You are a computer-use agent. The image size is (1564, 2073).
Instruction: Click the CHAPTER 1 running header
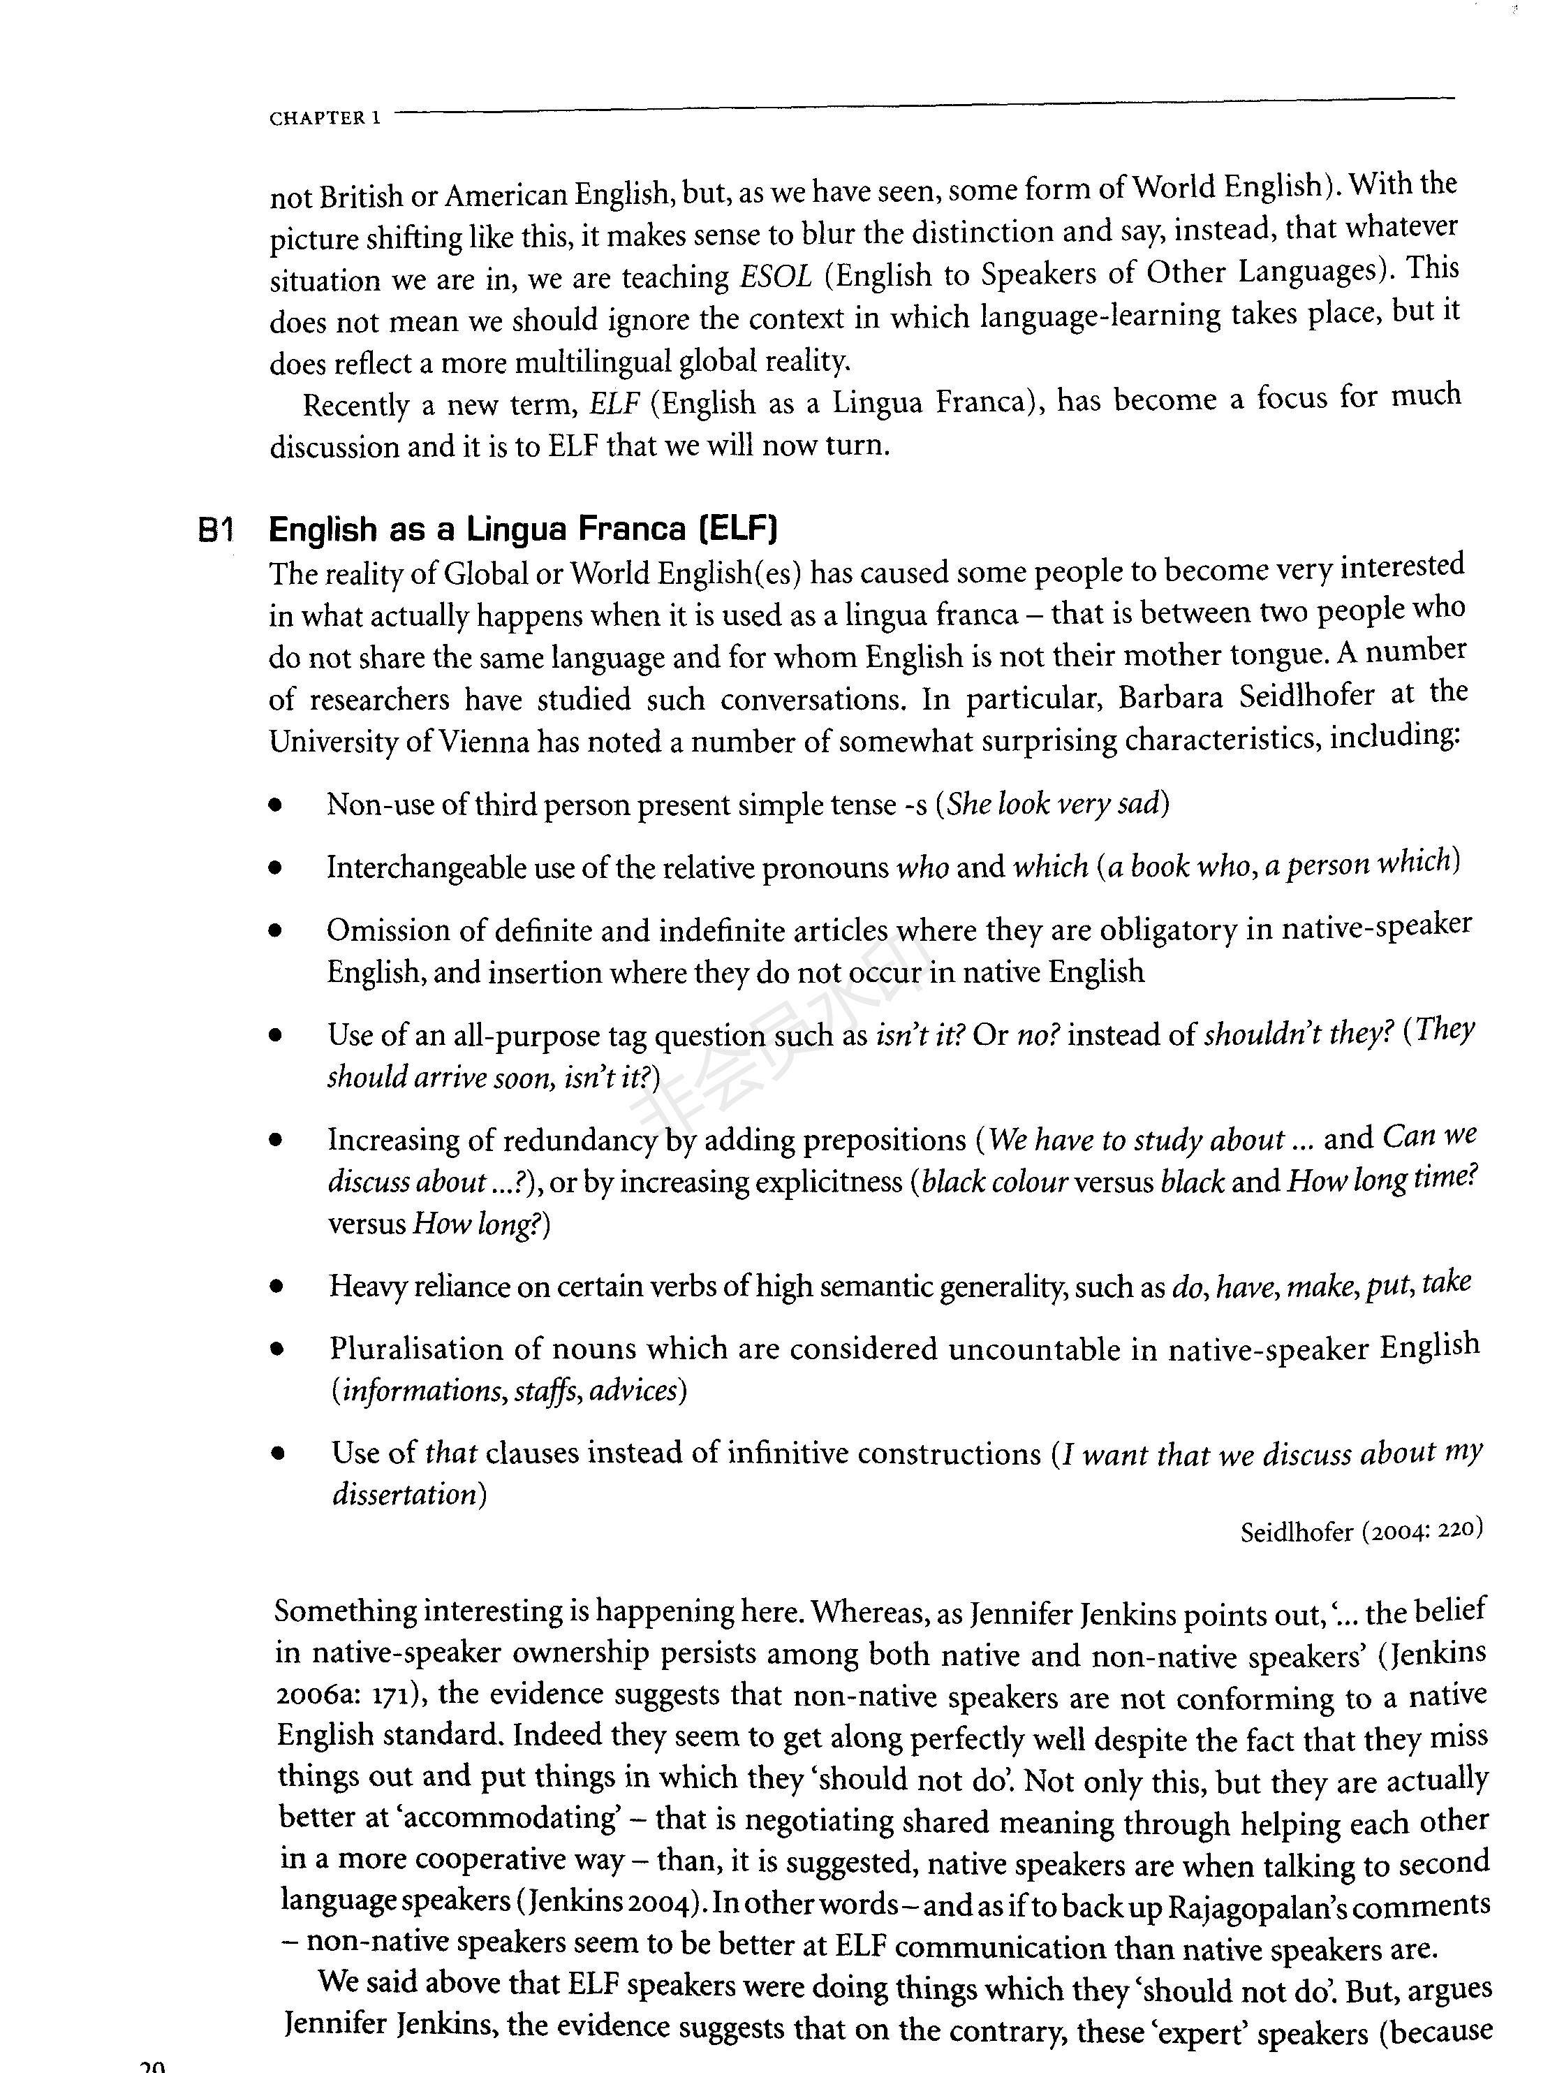[324, 119]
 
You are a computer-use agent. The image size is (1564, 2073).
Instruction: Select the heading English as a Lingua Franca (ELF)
[523, 529]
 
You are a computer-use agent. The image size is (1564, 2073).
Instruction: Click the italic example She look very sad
[1054, 803]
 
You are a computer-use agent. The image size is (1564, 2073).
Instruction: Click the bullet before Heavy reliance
[276, 1288]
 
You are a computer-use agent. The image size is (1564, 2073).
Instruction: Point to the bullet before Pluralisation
[276, 1350]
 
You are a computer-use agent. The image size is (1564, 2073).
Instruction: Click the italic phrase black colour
[994, 1182]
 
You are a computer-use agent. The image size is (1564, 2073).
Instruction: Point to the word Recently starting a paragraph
[356, 406]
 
